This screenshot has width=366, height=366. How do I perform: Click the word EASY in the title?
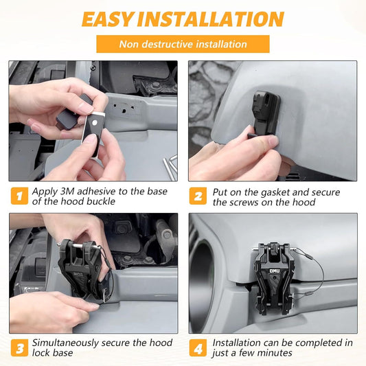click(108, 19)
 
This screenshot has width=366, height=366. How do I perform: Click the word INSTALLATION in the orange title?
click(211, 19)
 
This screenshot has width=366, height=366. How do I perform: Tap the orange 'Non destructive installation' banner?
click(183, 44)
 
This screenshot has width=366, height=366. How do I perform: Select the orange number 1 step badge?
click(19, 196)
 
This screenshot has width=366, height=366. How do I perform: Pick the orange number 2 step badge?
click(198, 196)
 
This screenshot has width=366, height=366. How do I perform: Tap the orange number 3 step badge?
click(19, 347)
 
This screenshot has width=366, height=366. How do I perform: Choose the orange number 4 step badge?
click(198, 347)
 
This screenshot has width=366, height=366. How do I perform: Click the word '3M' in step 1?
click(67, 192)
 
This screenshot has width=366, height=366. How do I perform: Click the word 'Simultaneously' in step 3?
click(65, 343)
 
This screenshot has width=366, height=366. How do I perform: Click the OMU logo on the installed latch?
click(275, 271)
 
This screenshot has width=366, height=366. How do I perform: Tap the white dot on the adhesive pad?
click(95, 122)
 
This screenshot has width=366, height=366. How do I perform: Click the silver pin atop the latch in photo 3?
click(78, 245)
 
